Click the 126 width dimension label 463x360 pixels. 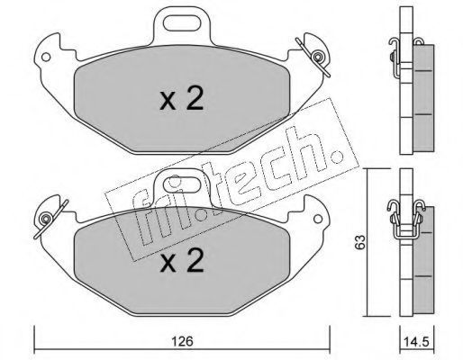(x=182, y=341)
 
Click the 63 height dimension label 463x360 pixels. (x=360, y=242)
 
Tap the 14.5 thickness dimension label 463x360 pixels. (x=416, y=342)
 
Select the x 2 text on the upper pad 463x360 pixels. (x=182, y=98)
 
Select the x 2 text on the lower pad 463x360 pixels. (x=182, y=260)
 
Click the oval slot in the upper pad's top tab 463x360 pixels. (x=182, y=23)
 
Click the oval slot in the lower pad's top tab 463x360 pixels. (x=182, y=184)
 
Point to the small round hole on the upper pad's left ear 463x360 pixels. (x=46, y=57)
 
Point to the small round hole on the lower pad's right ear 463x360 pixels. (x=318, y=219)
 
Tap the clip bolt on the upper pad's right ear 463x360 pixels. (x=317, y=57)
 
